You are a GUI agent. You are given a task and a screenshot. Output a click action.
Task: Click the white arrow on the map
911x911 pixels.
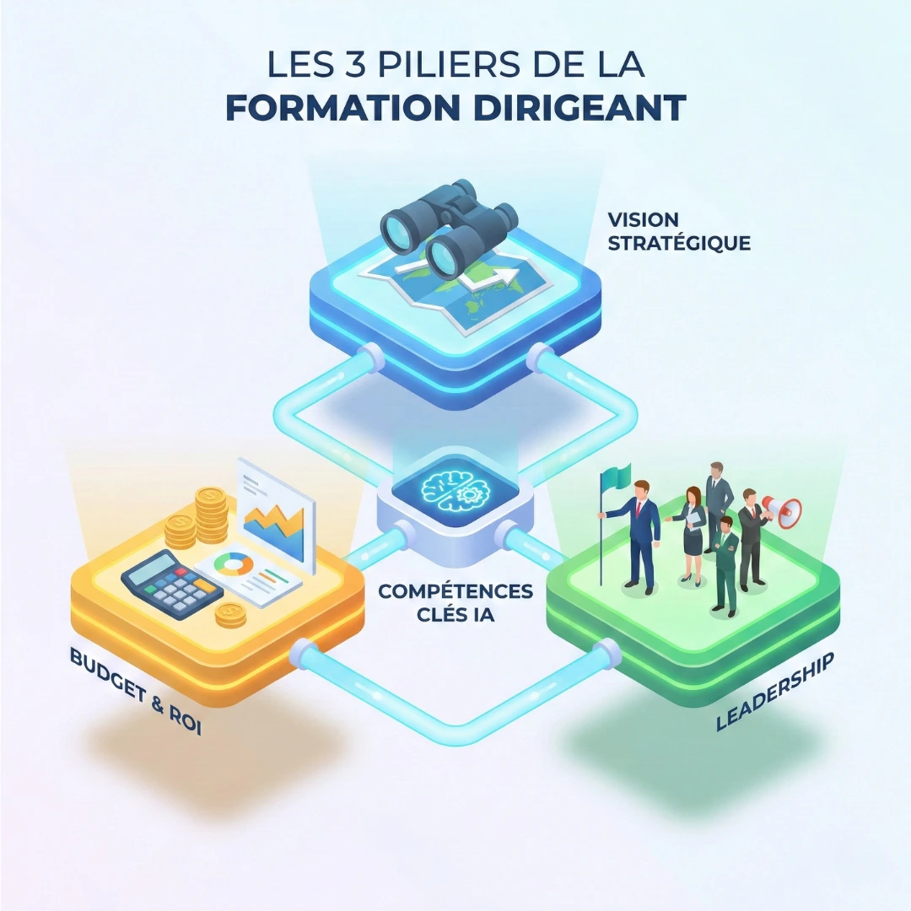[x=495, y=276]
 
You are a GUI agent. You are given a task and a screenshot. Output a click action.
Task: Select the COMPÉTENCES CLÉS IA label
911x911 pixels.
[x=455, y=602]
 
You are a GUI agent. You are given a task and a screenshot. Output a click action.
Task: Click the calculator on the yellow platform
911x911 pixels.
[x=171, y=582]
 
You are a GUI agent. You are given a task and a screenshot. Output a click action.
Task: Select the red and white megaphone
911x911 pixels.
[x=782, y=508]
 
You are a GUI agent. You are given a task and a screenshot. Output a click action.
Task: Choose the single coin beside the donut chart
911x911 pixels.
[x=229, y=614]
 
